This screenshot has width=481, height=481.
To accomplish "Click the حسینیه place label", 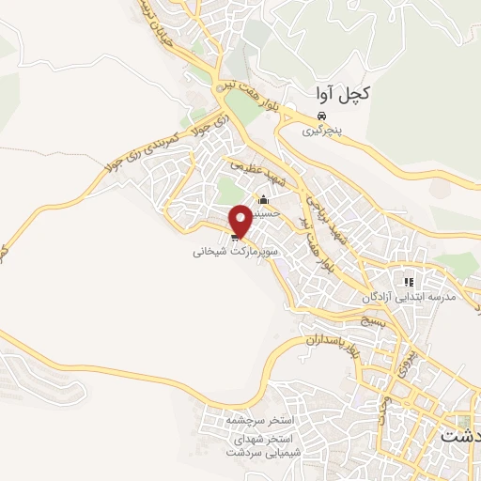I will (x=267, y=212).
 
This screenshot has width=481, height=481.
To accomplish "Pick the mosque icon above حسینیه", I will (x=263, y=199).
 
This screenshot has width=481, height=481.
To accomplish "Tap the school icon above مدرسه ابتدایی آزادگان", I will (x=408, y=281).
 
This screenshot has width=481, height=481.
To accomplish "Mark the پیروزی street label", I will (x=407, y=355).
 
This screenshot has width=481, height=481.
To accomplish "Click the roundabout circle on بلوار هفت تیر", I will (x=221, y=86).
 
